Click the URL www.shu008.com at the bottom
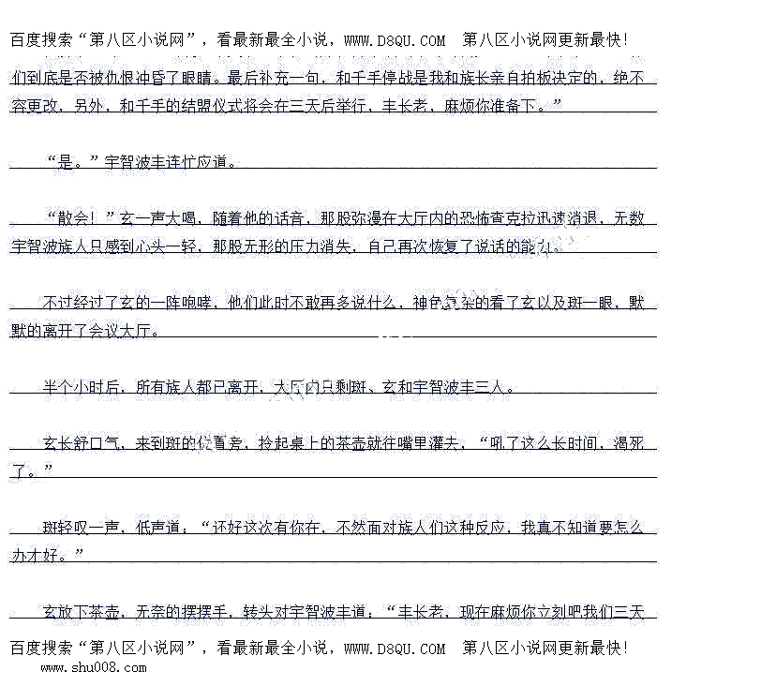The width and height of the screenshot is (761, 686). [94, 668]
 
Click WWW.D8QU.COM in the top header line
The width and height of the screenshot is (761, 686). [395, 40]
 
